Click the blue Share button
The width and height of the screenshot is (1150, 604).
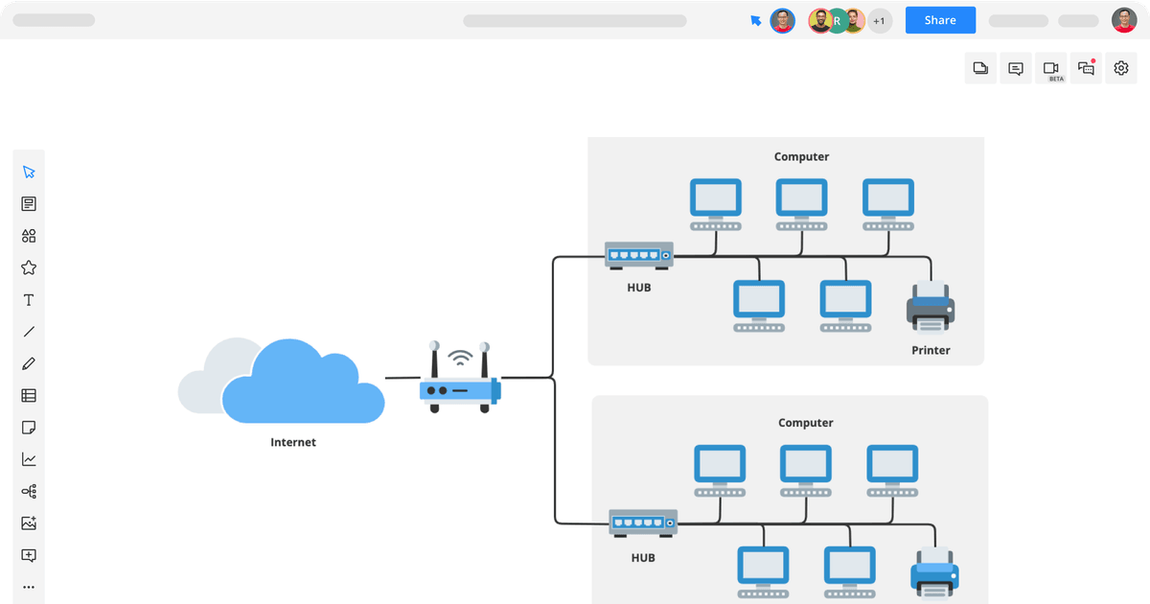click(x=940, y=20)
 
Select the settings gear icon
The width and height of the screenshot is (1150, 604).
click(x=1120, y=68)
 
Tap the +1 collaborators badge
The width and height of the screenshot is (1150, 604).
click(x=879, y=20)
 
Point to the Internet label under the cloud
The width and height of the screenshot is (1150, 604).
click(x=293, y=442)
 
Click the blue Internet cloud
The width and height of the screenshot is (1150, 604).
click(x=302, y=383)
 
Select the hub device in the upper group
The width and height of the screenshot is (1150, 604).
click(x=639, y=255)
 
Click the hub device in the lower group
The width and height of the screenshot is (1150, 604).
click(x=643, y=523)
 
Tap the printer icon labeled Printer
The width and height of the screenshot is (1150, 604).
click(x=930, y=307)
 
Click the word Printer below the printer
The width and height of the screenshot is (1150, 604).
click(x=931, y=350)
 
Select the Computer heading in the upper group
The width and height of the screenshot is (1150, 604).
click(x=801, y=156)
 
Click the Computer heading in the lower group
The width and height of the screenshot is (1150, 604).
click(x=805, y=423)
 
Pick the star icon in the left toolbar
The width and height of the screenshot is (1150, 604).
click(x=29, y=267)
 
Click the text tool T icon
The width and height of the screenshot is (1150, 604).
click(x=29, y=300)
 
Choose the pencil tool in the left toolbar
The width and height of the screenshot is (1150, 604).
click(x=29, y=363)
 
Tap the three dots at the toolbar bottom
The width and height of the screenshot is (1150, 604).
click(x=29, y=587)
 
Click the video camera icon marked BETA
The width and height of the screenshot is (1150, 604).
click(x=1051, y=68)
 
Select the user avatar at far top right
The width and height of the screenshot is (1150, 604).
click(x=1123, y=20)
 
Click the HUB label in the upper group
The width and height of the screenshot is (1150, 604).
click(x=639, y=287)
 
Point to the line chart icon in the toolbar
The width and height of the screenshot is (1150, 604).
click(x=29, y=459)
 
